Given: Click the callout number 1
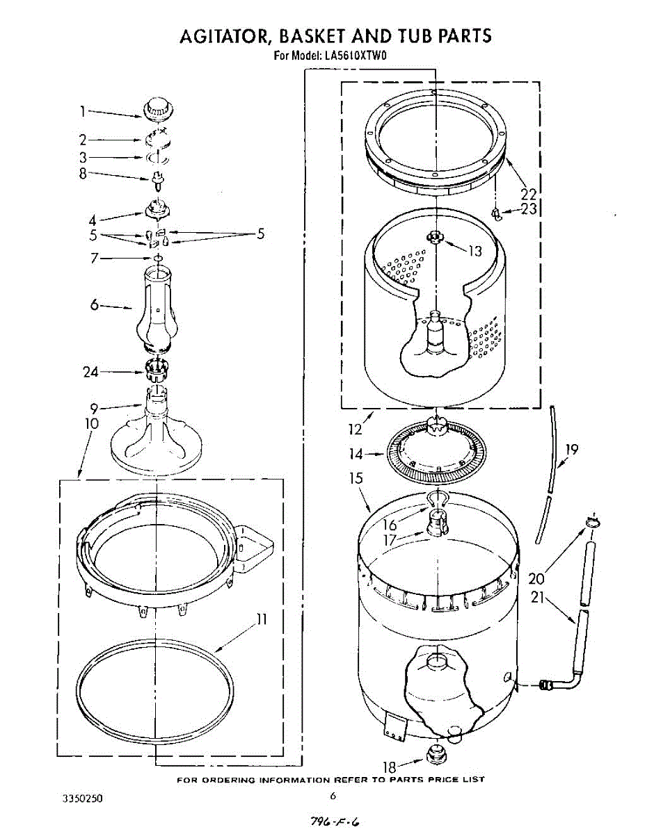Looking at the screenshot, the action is (82, 111).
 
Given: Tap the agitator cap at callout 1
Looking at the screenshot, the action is (158, 110).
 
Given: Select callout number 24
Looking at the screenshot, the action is (91, 372).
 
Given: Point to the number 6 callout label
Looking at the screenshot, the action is (95, 304).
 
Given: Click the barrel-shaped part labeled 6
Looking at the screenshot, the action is (158, 309).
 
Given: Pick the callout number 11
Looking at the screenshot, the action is (262, 619).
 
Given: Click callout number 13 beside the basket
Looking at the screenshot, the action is (475, 251).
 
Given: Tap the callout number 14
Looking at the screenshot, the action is (356, 455).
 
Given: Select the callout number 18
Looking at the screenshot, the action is (390, 767).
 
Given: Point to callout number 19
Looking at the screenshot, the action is (571, 450).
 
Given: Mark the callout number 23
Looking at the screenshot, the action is (529, 208).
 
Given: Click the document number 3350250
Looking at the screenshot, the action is (83, 799).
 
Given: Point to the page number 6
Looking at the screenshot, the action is (333, 796).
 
